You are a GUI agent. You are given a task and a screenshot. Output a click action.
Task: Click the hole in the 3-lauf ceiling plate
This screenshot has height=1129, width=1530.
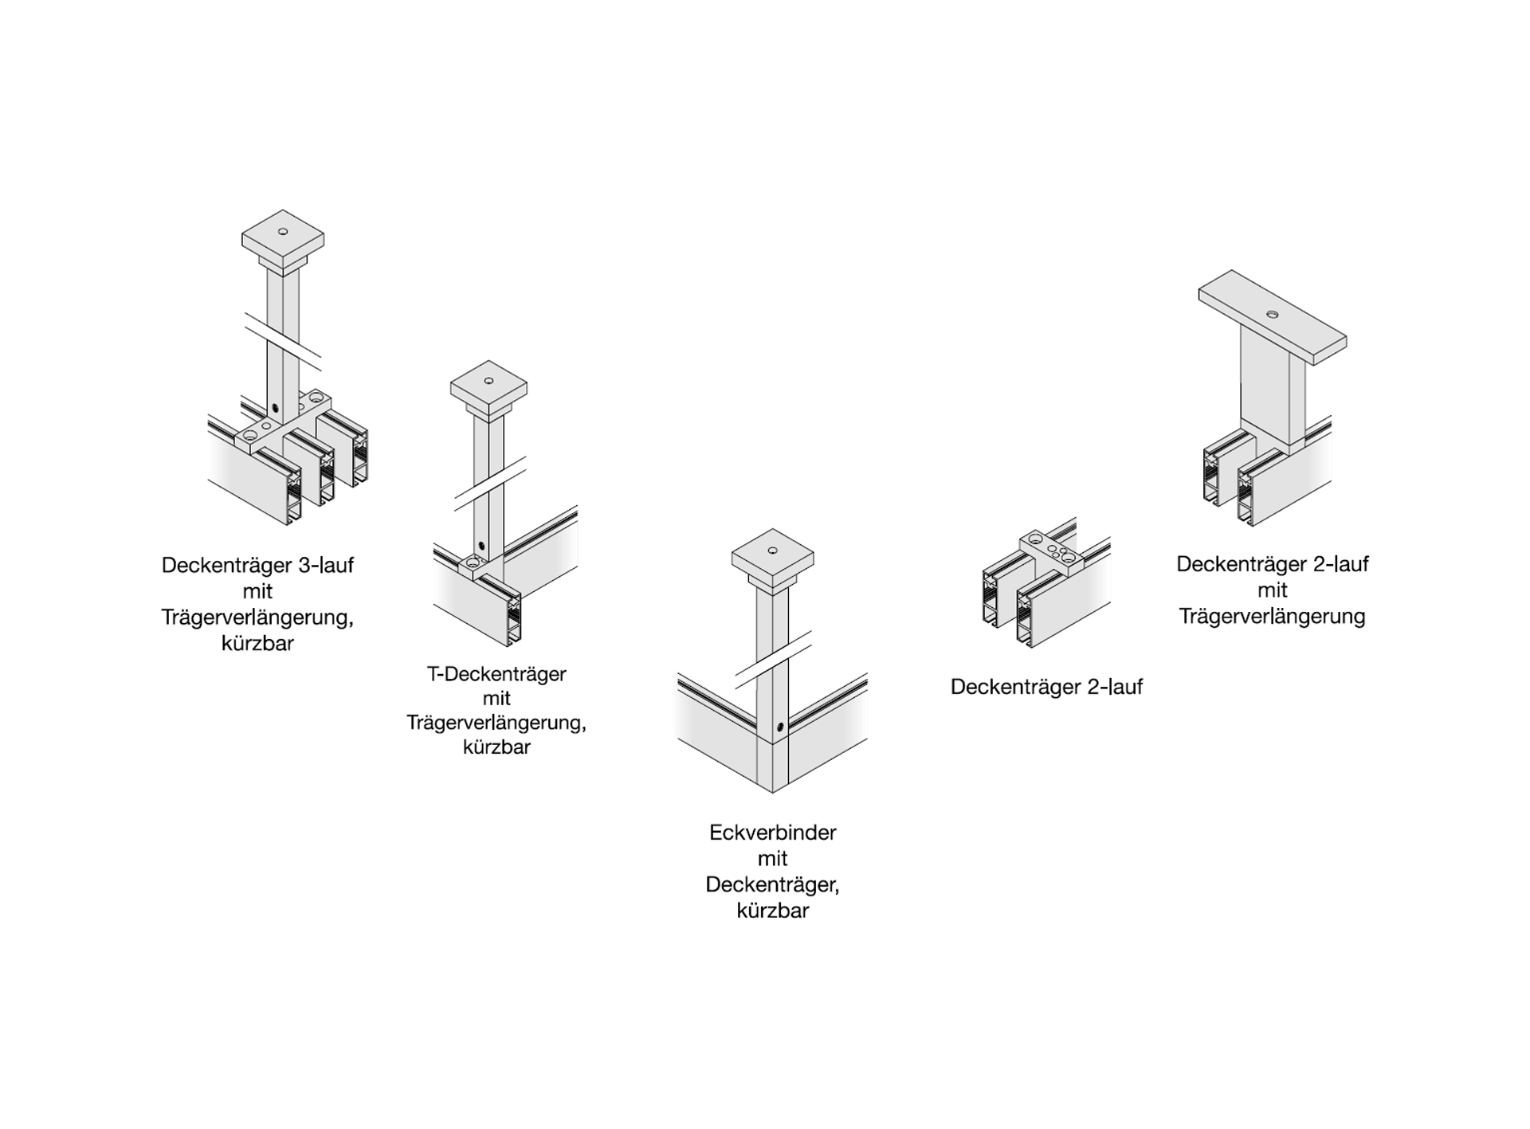pos(283,232)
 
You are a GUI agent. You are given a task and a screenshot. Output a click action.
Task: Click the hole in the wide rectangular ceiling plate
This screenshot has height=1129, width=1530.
pos(1272,315)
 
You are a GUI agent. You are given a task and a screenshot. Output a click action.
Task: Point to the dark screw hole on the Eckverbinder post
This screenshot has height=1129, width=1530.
pos(781,727)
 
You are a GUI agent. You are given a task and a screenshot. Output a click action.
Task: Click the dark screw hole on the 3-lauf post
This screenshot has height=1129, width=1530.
pos(275,408)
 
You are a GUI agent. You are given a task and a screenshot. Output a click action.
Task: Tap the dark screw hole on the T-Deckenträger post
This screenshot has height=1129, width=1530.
pos(481,547)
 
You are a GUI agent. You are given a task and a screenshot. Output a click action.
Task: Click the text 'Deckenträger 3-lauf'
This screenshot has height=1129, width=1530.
pos(257,566)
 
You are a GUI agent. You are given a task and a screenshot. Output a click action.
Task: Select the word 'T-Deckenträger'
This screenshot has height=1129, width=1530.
pos(496,674)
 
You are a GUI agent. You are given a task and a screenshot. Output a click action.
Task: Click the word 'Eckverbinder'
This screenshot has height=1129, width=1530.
pos(772,833)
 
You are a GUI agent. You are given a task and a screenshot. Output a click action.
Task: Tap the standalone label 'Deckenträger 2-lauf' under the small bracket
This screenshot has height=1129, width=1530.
pos(1046,687)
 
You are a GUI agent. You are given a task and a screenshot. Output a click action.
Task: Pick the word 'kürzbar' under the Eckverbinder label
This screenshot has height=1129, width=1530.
pos(772,911)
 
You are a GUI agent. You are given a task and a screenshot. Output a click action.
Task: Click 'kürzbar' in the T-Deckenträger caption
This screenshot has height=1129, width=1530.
pos(496,747)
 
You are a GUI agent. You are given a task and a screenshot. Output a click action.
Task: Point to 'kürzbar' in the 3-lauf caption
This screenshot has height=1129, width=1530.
pos(257,644)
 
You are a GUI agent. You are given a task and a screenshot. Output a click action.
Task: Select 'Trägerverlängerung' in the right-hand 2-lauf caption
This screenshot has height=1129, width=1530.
pos(1272,617)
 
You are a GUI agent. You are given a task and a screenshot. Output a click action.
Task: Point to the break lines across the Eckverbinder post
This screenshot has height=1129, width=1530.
pos(772,660)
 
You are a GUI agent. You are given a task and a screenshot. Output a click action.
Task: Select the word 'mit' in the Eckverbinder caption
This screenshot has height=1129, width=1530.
pos(772,859)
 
